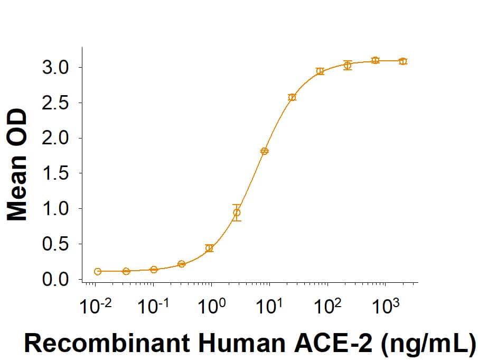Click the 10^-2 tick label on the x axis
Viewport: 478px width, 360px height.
(x=95, y=307)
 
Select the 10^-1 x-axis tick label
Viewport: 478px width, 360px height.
(x=153, y=307)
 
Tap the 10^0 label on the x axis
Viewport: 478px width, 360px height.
(x=211, y=307)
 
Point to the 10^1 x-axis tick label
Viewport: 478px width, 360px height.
(x=269, y=307)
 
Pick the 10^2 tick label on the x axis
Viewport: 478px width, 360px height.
(x=328, y=307)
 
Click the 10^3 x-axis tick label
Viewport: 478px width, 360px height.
(x=386, y=307)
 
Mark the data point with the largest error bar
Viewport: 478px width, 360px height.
(x=237, y=213)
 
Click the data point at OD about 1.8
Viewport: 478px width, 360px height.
(x=265, y=151)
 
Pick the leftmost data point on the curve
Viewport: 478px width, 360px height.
(x=98, y=272)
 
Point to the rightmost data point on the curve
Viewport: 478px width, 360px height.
(x=403, y=61)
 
